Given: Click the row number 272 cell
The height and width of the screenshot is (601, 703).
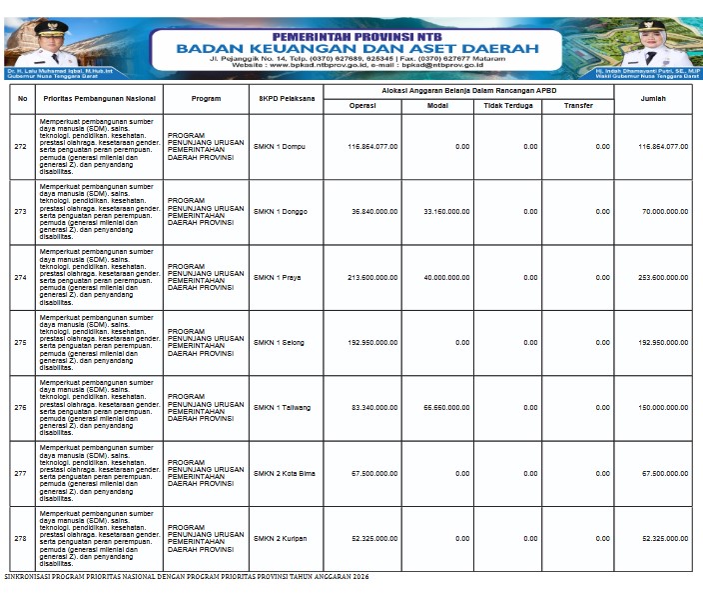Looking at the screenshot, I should tap(21, 147).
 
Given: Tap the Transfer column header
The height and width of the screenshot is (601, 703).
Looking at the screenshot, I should tap(577, 105).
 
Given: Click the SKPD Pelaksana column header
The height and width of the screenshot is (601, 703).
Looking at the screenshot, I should tap(287, 99).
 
